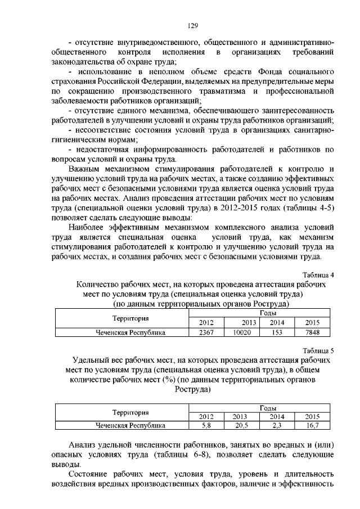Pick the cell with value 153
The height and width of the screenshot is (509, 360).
click(276, 332)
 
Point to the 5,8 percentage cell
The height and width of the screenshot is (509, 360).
click(206, 426)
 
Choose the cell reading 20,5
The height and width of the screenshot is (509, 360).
click(240, 426)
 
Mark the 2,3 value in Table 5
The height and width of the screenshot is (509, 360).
click(276, 426)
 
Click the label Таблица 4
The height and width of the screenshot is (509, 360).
click(319, 275)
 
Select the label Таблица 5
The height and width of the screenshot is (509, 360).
click(319, 350)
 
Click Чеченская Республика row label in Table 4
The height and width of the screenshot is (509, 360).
click(130, 332)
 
